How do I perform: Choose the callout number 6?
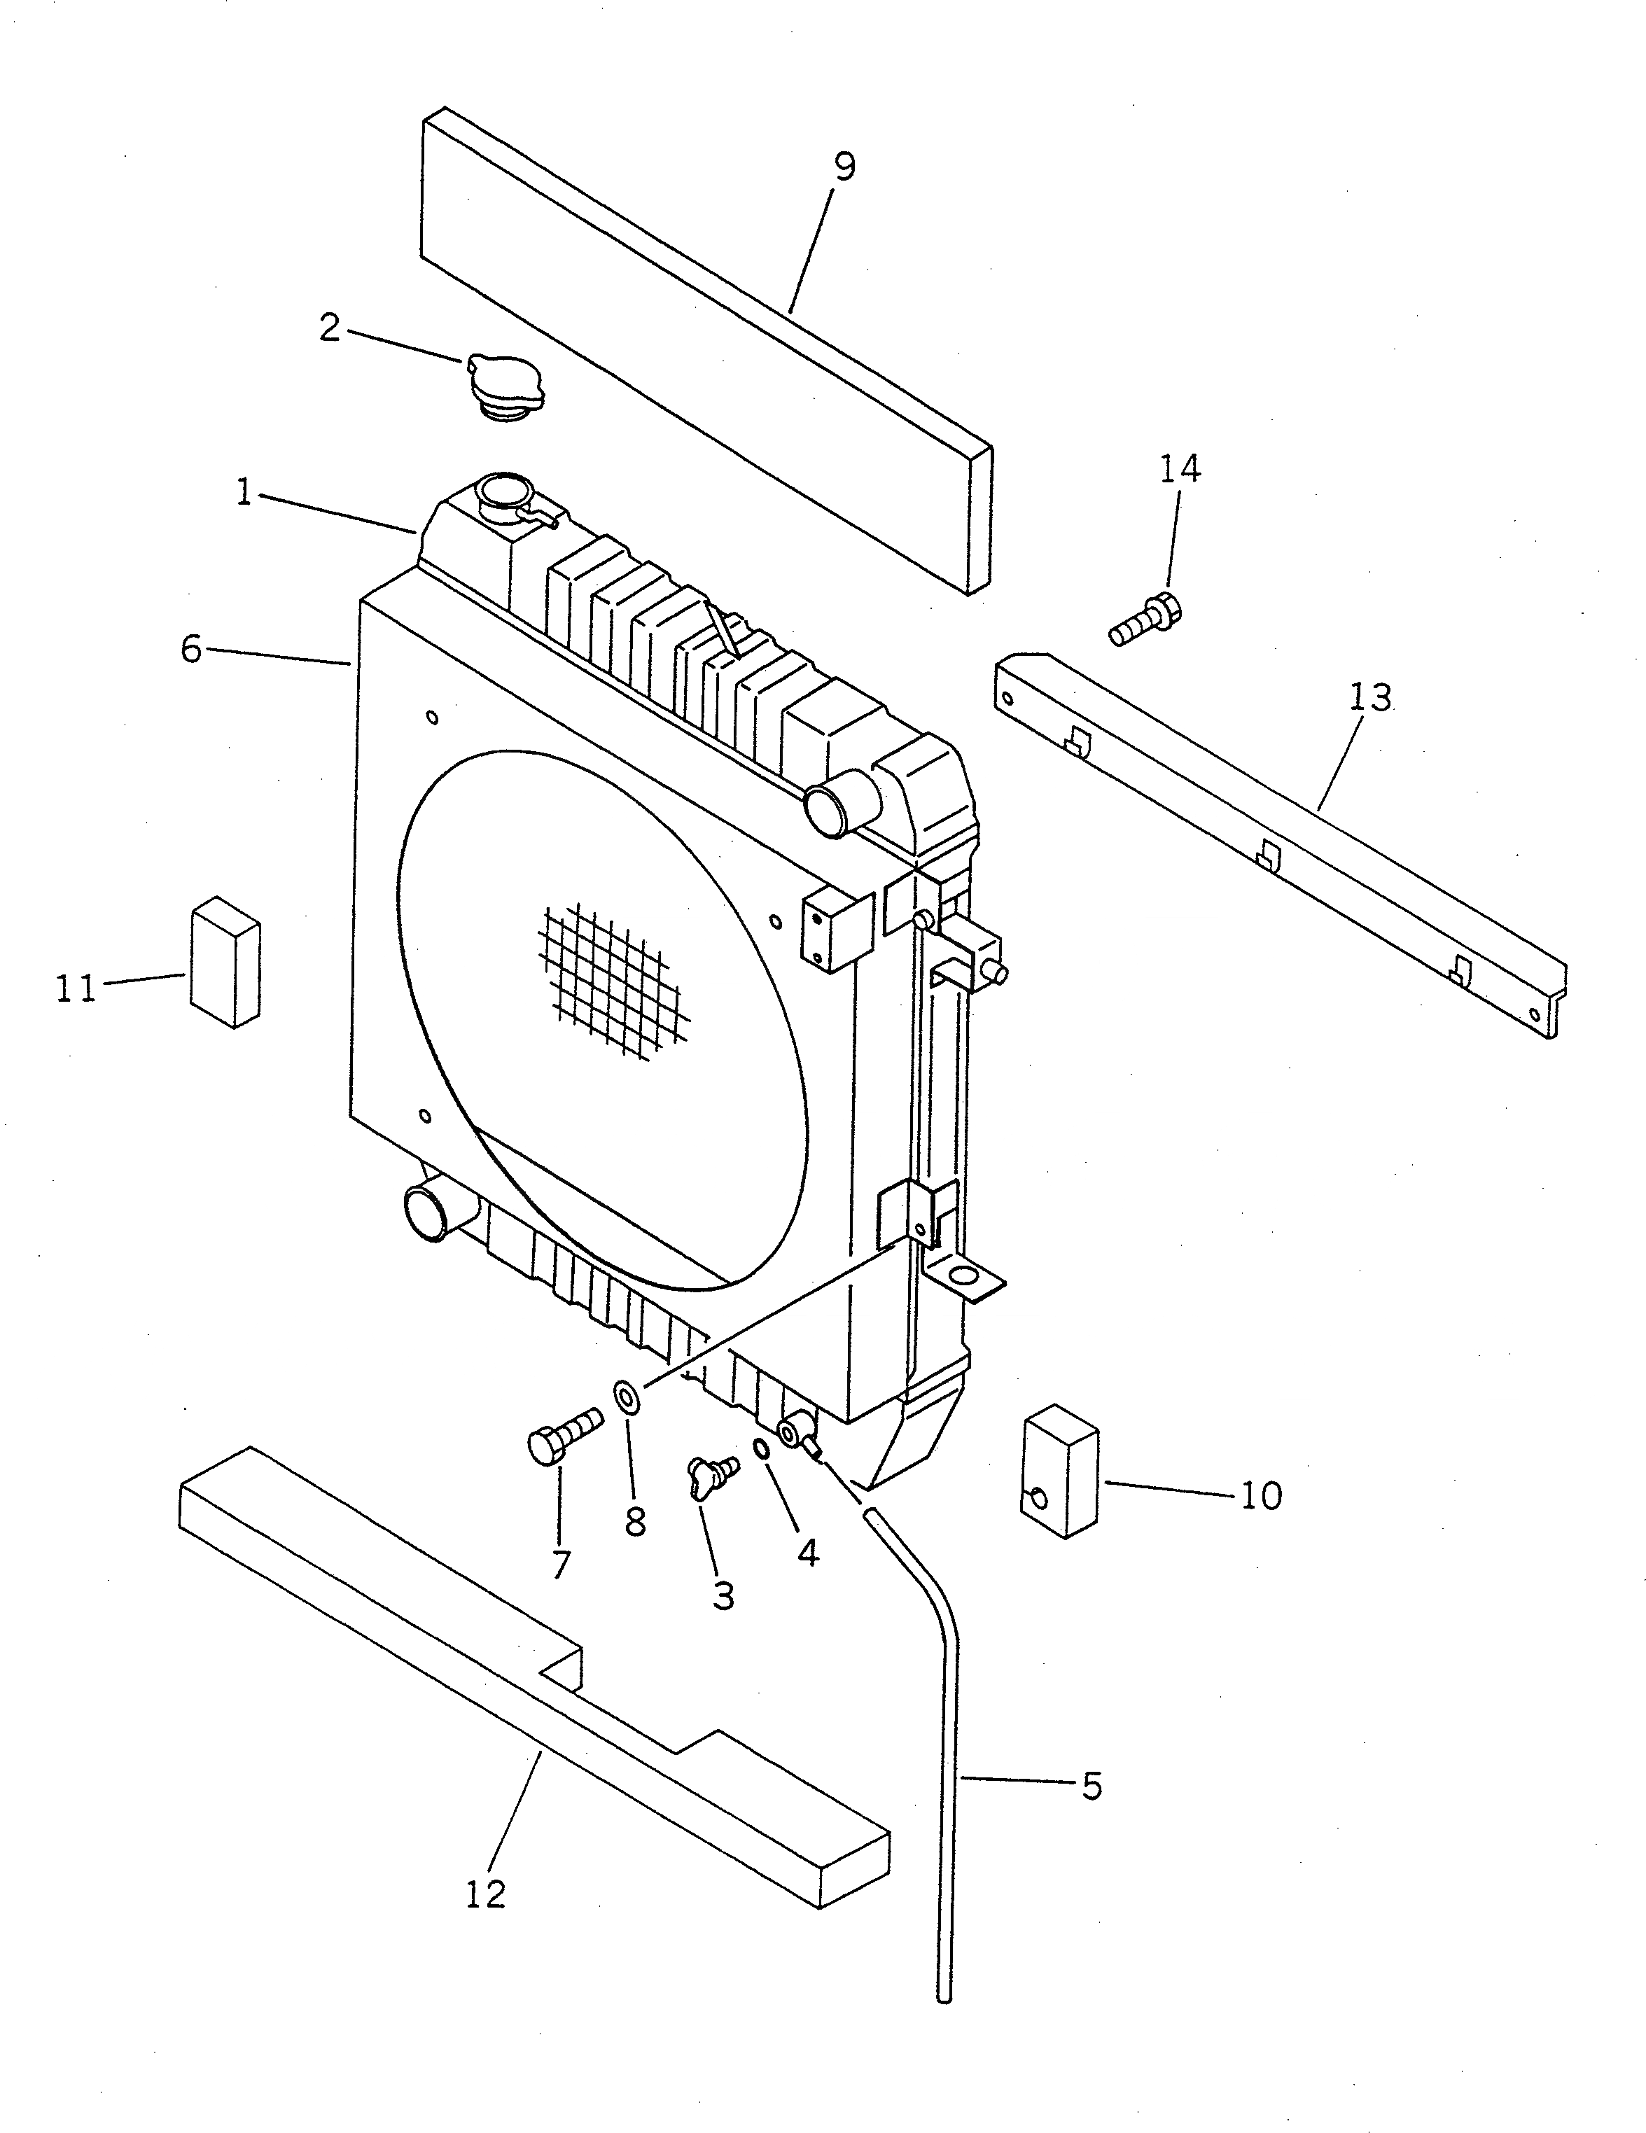pos(191,648)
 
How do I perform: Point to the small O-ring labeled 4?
pos(763,1448)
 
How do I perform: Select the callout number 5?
pos(1092,1786)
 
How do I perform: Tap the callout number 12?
pos(485,1894)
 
